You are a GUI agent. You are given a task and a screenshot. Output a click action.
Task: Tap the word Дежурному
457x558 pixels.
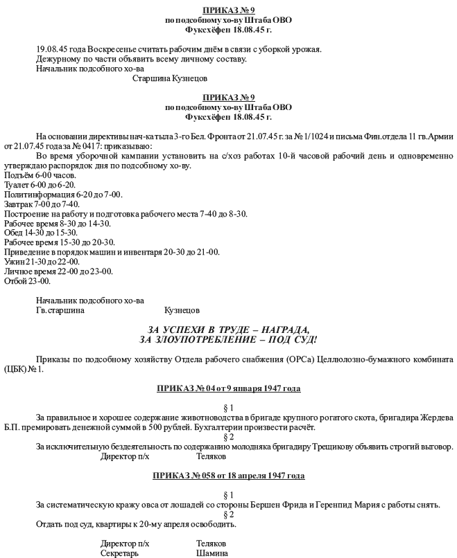tap(57, 59)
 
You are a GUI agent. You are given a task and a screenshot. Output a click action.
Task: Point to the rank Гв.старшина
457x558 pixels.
tap(60, 311)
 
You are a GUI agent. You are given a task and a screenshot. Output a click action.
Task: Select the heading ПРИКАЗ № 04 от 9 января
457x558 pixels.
tap(228, 389)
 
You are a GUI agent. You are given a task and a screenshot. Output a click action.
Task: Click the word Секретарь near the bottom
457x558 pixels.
tap(119, 553)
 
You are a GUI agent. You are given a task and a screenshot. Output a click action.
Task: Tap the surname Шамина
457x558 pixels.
tap(213, 553)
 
